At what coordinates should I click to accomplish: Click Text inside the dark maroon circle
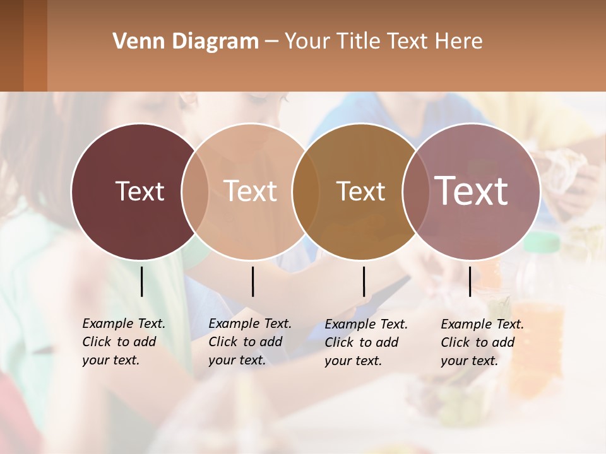140,191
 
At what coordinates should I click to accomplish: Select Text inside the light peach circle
250,191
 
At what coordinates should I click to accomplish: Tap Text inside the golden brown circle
360,191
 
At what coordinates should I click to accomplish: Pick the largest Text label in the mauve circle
471,191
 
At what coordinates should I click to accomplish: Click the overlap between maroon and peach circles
195,191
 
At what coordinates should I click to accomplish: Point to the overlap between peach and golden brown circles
306,191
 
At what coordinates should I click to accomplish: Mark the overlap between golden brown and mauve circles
416,191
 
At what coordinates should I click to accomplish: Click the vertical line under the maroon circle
142,281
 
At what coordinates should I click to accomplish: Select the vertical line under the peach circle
252,281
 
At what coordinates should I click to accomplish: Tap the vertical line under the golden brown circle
364,281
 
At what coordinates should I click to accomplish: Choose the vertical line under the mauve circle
470,281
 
